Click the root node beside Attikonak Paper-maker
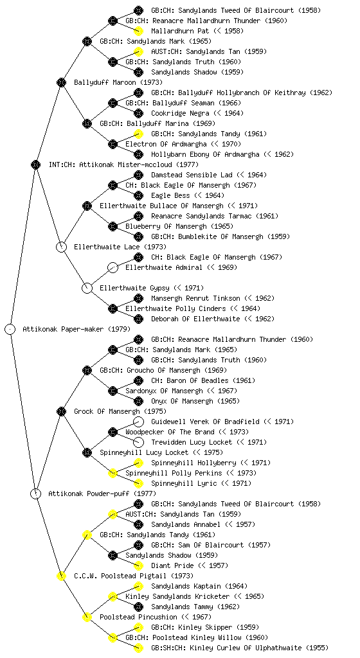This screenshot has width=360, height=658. [10, 330]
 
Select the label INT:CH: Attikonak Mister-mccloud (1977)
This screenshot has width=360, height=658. [124, 164]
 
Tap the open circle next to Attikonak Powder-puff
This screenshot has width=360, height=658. [36, 494]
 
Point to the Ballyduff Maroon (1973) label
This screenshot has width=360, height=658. [118, 82]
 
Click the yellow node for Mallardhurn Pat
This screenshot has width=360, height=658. [138, 31]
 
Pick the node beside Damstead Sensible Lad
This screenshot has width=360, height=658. [138, 175]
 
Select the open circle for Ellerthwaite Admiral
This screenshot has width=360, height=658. [113, 267]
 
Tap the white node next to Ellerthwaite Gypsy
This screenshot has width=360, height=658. [87, 288]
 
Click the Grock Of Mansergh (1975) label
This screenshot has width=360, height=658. [120, 411]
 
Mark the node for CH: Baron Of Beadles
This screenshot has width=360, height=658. [138, 380]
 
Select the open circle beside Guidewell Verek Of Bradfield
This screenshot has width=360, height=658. [138, 422]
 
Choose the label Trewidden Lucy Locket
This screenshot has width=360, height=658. [192, 442]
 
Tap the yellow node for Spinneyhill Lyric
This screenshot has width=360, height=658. [138, 483]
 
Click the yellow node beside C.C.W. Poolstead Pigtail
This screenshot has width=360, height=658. [62, 576]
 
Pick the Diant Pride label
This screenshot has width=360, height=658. [172, 565]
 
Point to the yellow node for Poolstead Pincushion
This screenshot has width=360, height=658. [87, 618]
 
